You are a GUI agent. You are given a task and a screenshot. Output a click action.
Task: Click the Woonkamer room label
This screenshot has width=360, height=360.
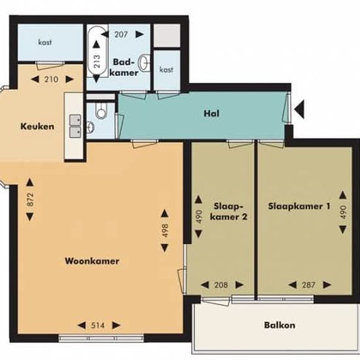click(92, 261)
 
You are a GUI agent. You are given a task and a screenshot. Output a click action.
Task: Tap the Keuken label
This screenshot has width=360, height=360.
click(37, 126)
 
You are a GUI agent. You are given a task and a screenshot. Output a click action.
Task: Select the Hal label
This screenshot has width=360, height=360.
click(211, 113)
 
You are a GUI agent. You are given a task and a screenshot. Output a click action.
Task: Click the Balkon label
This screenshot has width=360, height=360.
click(279, 325)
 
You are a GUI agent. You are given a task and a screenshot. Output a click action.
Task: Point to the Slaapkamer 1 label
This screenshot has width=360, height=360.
click(299, 206)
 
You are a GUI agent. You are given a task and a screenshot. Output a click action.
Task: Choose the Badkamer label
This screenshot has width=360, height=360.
click(124, 67)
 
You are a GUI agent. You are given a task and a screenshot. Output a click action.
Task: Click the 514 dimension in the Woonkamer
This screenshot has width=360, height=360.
click(98, 325)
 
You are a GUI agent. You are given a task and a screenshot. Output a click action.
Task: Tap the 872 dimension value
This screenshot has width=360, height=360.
click(30, 200)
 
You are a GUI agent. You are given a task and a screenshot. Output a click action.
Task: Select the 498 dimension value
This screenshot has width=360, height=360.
click(165, 230)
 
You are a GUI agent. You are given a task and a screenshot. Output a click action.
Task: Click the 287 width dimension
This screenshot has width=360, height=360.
click(308, 285)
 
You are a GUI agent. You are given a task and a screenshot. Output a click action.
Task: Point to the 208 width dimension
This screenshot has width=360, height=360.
click(221, 285)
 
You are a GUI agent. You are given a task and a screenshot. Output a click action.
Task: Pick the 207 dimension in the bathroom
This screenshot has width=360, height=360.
click(121, 35)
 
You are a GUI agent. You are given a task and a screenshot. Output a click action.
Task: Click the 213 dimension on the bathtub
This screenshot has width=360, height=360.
click(97, 61)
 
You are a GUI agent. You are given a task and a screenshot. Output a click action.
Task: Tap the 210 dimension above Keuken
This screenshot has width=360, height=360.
click(51, 79)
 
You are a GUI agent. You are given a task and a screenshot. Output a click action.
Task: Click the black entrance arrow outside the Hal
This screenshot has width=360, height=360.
click(299, 109)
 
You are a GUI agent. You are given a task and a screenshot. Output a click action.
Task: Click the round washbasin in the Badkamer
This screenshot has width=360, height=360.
click(145, 62)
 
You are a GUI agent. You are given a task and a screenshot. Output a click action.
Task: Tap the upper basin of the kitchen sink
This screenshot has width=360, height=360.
click(75, 120)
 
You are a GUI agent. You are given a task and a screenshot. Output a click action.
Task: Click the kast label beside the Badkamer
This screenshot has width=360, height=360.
click(166, 69)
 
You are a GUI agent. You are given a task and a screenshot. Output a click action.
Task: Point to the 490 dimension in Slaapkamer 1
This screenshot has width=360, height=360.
click(343, 212)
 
